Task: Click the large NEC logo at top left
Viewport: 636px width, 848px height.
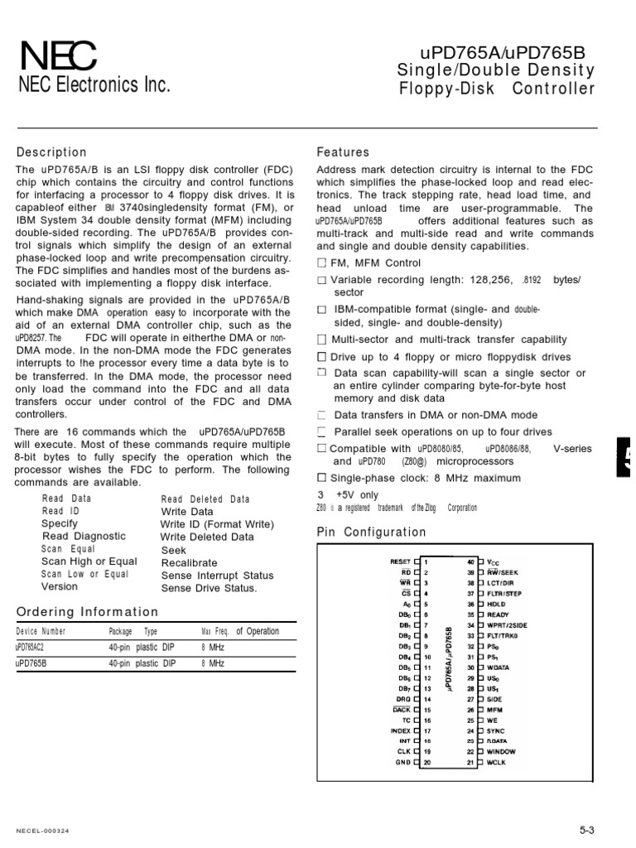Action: (x=57, y=55)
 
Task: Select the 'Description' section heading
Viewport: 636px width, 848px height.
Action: (x=51, y=152)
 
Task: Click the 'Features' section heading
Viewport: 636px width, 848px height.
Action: (x=342, y=152)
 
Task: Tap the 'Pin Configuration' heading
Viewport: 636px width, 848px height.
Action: (x=372, y=532)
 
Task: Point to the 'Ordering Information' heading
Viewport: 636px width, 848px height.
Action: (x=87, y=612)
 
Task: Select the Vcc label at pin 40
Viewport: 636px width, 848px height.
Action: (x=494, y=561)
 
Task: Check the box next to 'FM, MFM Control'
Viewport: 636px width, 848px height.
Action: (x=322, y=263)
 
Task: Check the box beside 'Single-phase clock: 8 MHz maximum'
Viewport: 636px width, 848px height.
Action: (x=322, y=478)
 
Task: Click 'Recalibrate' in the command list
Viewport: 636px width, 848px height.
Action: (x=187, y=562)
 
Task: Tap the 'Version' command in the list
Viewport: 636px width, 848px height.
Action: (x=60, y=586)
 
